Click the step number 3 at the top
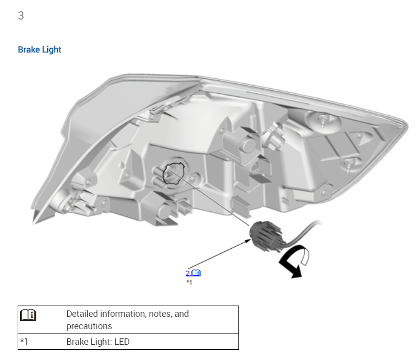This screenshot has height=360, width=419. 21,16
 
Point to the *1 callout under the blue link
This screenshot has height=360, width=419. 189,282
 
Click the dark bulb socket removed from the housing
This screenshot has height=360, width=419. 265,236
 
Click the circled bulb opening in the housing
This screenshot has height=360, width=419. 174,174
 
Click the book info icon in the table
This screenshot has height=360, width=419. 28,315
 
